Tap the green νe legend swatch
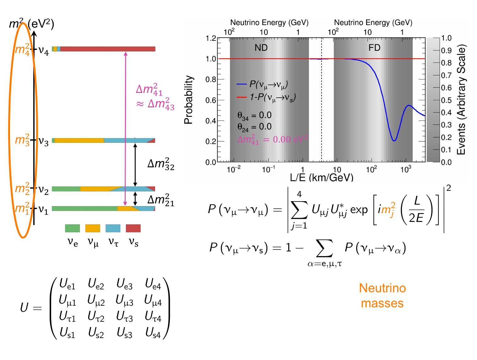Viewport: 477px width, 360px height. coord(72,228)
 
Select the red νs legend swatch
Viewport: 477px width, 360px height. coord(133,228)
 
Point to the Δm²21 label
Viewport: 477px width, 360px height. coord(161,200)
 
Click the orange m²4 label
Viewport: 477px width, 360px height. coord(23,50)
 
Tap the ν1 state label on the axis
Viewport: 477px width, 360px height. coord(43,209)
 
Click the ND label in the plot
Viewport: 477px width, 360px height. coord(261,48)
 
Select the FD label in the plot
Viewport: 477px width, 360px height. coord(374,48)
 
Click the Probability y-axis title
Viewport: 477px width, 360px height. coord(188,100)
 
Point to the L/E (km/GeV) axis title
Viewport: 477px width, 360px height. coord(322,178)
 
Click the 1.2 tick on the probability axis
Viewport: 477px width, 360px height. coord(211,38)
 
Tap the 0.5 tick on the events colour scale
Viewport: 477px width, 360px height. coord(446,100)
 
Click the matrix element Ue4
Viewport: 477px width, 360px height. coord(153,284)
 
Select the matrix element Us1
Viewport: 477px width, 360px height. coord(67,333)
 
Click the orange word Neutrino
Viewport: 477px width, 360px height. coord(382,288)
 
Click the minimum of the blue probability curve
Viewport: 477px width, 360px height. coord(394,141)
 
